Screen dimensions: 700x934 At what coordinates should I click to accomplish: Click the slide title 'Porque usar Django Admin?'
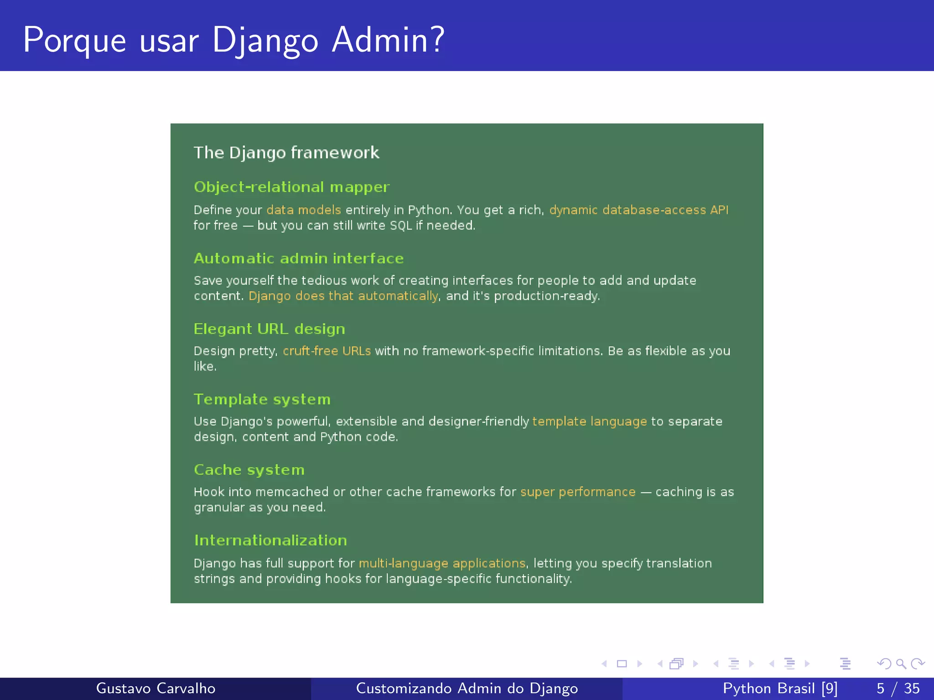tap(233, 40)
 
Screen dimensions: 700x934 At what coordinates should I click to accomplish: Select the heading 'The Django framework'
tap(286, 153)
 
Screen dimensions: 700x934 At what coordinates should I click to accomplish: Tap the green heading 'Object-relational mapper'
tap(291, 187)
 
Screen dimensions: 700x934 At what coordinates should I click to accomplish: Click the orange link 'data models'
tap(303, 210)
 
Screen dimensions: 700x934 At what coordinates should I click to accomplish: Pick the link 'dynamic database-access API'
tap(638, 210)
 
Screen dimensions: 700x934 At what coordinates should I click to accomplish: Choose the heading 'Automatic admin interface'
tap(299, 258)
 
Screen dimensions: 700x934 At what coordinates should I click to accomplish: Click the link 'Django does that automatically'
tap(343, 296)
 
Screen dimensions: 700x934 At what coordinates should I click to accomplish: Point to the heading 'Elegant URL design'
tap(269, 329)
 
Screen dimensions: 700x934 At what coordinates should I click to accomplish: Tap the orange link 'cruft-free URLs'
tap(327, 351)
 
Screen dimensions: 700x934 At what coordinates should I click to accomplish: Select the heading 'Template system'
tap(262, 399)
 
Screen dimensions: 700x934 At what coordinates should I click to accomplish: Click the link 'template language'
tap(589, 422)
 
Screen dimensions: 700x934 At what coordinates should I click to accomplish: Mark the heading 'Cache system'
tap(249, 470)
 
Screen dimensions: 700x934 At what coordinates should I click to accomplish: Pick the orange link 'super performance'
tap(577, 492)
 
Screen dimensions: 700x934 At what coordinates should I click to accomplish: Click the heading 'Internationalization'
tap(270, 540)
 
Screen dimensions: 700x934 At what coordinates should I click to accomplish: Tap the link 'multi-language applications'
tap(442, 563)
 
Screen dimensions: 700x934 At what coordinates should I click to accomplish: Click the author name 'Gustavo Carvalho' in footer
tap(156, 688)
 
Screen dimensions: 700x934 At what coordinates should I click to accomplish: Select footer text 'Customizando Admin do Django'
tap(467, 688)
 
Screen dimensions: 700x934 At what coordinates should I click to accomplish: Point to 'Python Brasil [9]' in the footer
tap(780, 688)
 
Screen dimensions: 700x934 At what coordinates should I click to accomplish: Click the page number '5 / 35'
tap(898, 688)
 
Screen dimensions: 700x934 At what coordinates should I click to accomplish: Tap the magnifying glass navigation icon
tap(900, 664)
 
